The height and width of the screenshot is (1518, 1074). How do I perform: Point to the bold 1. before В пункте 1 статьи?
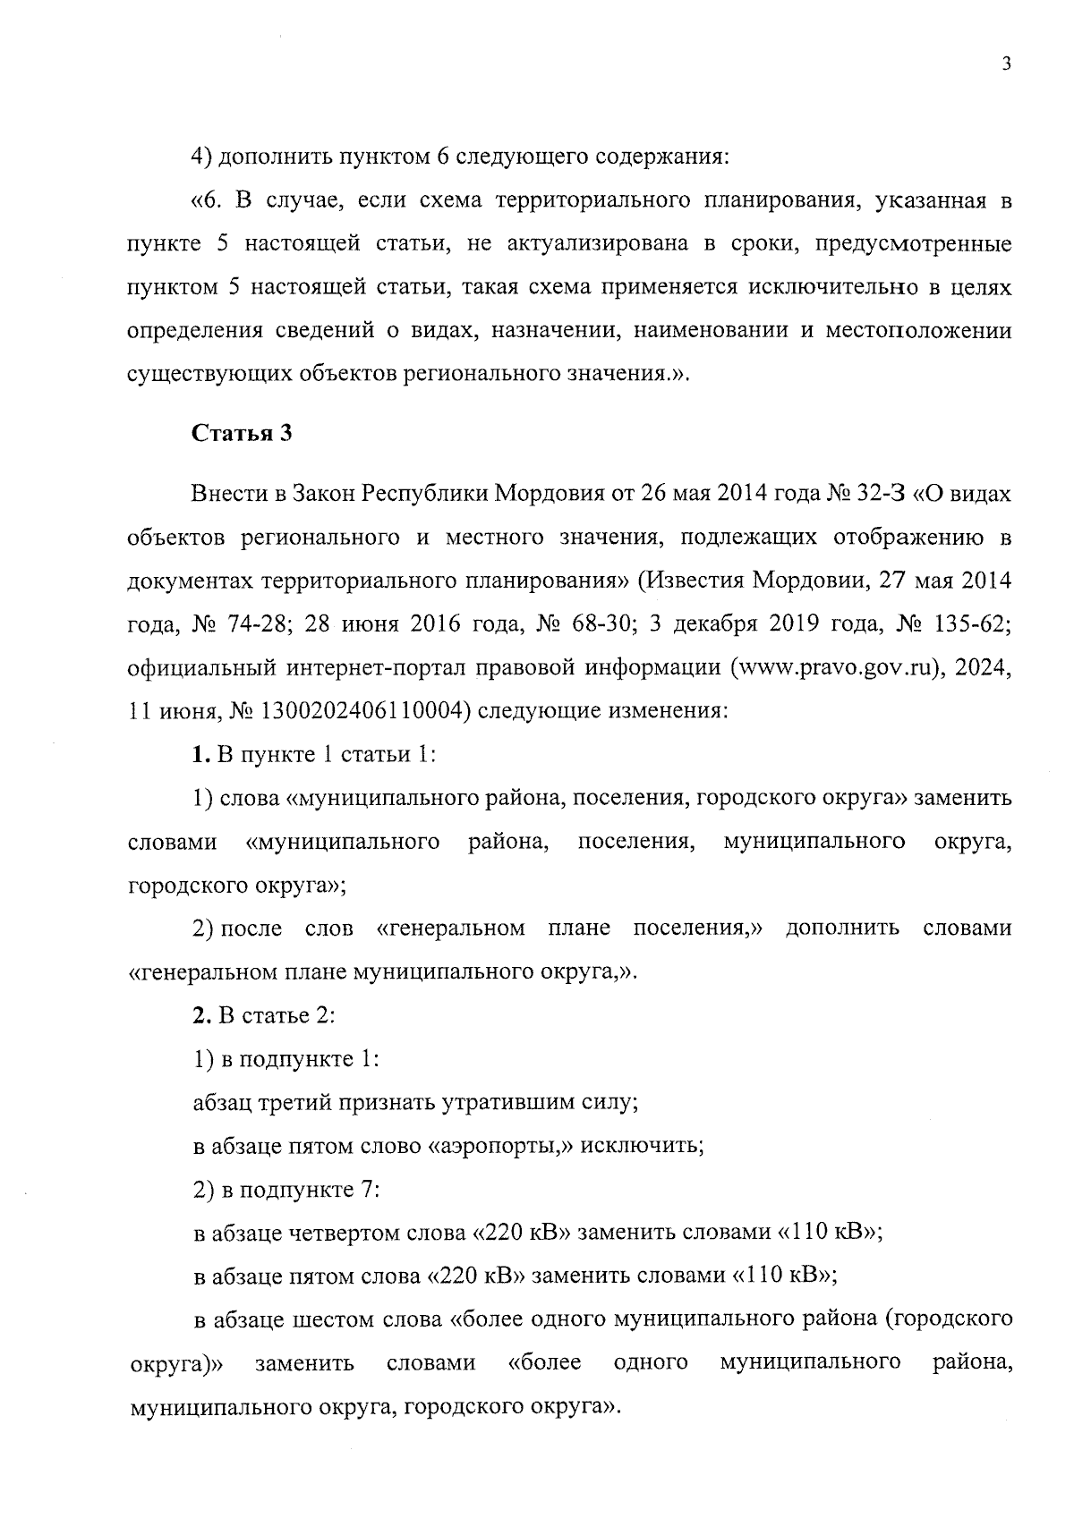(x=202, y=755)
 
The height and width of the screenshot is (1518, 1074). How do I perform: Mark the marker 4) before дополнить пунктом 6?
(x=203, y=157)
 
